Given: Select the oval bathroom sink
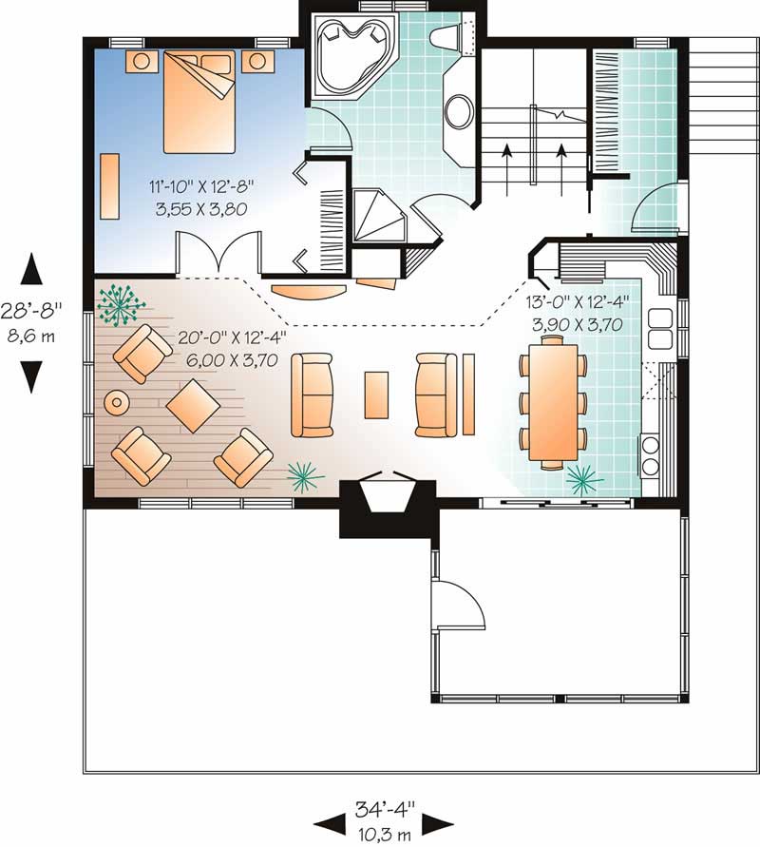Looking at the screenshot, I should click(460, 111).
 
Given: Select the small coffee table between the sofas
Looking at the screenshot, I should click(377, 395).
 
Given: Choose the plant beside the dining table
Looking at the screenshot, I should click(584, 478).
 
